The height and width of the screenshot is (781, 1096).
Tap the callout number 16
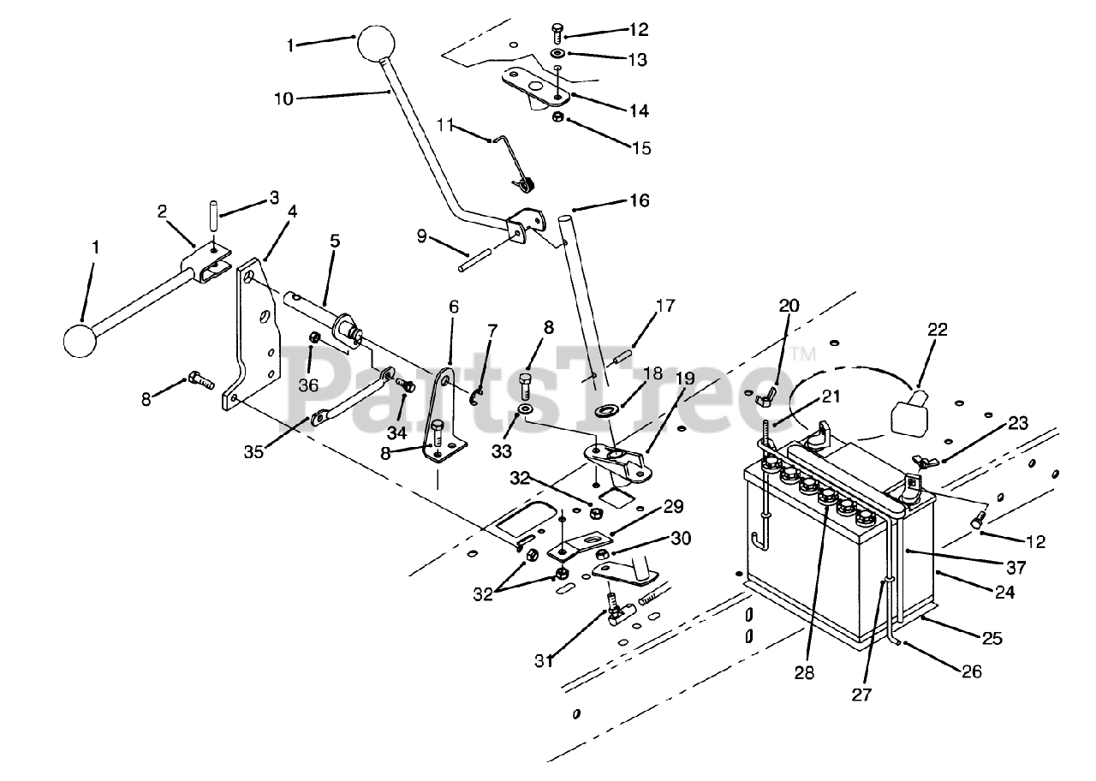tap(664, 200)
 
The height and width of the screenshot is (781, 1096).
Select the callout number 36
tap(308, 385)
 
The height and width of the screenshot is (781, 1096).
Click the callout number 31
tap(545, 661)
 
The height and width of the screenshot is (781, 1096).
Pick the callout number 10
tap(283, 98)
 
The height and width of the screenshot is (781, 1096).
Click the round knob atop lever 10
tap(372, 43)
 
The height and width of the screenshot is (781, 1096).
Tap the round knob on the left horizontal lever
tap(80, 339)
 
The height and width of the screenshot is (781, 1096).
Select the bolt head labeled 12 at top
tap(556, 32)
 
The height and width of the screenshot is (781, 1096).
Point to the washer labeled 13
tap(557, 53)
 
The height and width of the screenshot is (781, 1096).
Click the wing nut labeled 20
tap(768, 394)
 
